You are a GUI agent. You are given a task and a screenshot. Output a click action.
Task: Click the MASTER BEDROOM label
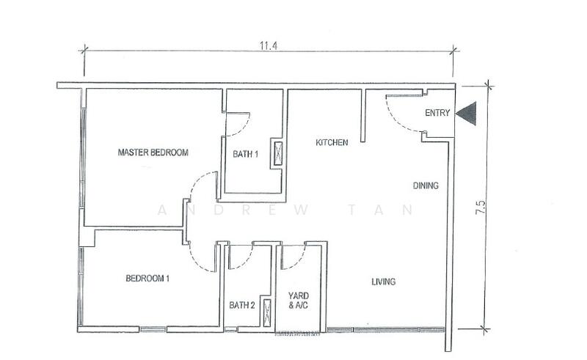pos(153,153)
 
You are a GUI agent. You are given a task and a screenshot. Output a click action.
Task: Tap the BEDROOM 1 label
pos(147,279)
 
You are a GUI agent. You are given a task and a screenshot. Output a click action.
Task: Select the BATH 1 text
pos(245,154)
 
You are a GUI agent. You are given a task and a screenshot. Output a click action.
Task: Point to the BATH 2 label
pos(242,305)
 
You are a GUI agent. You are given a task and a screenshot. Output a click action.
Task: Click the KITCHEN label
pos(332,142)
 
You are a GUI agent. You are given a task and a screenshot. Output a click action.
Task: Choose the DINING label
pos(426,185)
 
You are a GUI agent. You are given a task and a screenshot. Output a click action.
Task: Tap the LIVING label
pos(383,282)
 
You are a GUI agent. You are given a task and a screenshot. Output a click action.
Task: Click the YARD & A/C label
pos(299,301)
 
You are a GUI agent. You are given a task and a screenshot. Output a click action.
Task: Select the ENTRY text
pos(437,113)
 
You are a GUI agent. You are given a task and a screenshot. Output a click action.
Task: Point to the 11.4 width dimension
pos(269,45)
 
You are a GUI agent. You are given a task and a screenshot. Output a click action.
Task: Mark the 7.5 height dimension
pos(481,207)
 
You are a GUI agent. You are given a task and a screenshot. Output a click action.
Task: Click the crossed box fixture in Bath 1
pos(278,153)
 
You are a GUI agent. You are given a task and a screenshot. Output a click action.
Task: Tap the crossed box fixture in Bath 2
pos(267,313)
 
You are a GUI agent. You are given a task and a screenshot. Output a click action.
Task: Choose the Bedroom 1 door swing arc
pos(196,262)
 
